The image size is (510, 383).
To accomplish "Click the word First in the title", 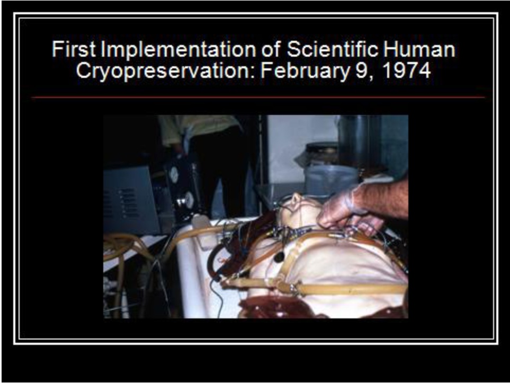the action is pyautogui.click(x=74, y=49).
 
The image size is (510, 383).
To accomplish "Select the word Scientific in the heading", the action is pyautogui.click(x=333, y=49).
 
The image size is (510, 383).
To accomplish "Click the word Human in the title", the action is pyautogui.click(x=419, y=49).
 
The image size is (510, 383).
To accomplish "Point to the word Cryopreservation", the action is pyautogui.click(x=166, y=71).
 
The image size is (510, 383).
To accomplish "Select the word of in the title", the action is pyautogui.click(x=271, y=49).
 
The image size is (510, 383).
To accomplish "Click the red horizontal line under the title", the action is pyautogui.click(x=258, y=97).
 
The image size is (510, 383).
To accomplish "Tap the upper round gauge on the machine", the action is pyautogui.click(x=174, y=174).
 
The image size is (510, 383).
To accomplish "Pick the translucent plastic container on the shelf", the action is pyautogui.click(x=330, y=180).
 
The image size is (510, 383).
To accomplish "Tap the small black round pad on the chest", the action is pyautogui.click(x=279, y=257).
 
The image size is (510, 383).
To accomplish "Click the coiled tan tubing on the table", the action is pyautogui.click(x=121, y=247).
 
